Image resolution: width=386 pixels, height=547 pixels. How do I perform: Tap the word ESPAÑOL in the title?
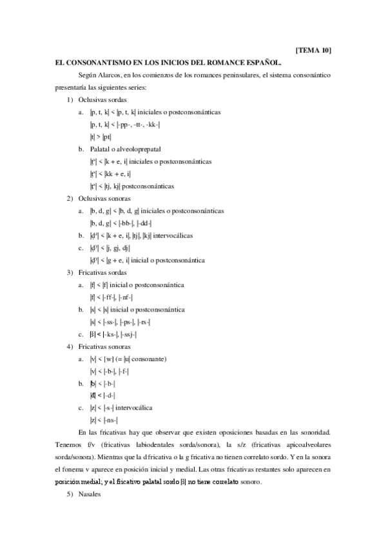tap(262, 63)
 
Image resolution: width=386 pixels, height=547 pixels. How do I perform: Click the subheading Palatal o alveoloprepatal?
tap(124, 148)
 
